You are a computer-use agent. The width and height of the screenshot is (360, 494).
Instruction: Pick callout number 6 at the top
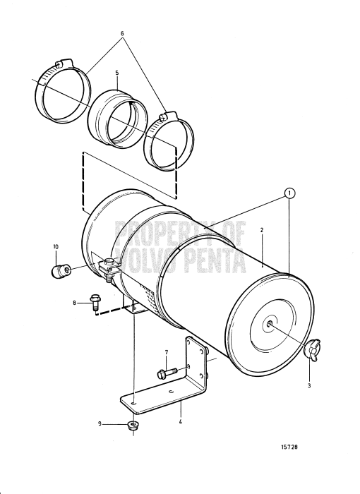tap(122, 33)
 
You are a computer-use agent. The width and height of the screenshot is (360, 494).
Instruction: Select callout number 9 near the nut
tap(100, 424)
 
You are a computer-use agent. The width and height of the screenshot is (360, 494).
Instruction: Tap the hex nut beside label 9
tap(132, 425)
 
